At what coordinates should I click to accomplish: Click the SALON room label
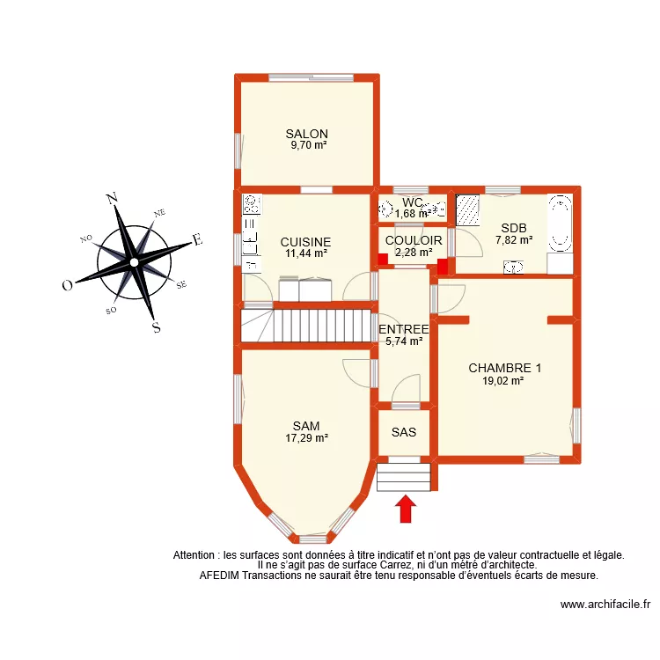point(306,134)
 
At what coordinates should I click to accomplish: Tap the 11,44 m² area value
point(306,253)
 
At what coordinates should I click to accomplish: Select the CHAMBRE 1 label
point(504,368)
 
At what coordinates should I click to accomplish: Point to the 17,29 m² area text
point(306,437)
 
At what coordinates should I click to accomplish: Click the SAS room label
point(404,432)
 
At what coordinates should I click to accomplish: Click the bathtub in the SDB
point(560,224)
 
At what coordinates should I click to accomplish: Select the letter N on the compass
point(113,198)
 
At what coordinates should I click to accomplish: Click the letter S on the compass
point(157,328)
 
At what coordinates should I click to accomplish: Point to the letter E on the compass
point(198,239)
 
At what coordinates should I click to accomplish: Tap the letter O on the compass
point(67,285)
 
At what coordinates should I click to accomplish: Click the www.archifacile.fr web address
point(605,605)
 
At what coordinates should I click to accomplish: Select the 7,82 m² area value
point(514,239)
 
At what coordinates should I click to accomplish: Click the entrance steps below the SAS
point(404,476)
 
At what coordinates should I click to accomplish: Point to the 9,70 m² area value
point(308,145)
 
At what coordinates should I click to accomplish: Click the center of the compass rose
point(133,261)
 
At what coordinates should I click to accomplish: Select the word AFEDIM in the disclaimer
point(219,576)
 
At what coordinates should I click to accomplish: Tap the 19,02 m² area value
point(503,381)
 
